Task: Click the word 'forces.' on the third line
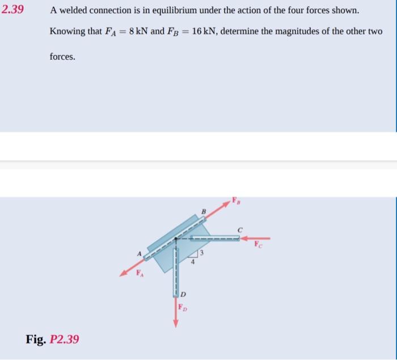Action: [62, 57]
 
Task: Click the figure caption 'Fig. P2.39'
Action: [52, 340]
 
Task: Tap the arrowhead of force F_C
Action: [243, 238]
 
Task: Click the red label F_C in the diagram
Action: [259, 246]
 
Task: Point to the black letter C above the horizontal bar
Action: [240, 229]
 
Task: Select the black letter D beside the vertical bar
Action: [183, 294]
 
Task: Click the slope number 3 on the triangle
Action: [200, 252]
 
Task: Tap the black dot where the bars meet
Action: [175, 239]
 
